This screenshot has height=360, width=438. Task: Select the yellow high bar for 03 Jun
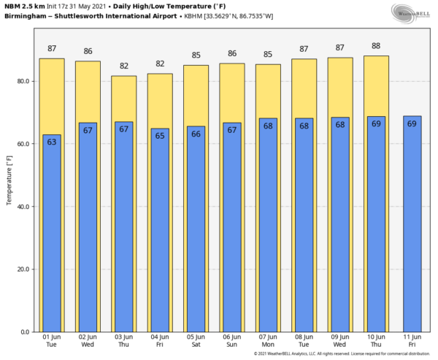point(123,99)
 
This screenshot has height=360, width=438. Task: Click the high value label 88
point(376,46)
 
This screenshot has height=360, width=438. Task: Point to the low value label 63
point(51,142)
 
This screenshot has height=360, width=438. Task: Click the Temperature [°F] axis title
point(9,175)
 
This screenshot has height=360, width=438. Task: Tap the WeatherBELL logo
point(410,12)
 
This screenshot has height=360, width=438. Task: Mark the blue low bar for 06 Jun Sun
point(231,234)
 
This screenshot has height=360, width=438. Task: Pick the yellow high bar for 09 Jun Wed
point(339,88)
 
